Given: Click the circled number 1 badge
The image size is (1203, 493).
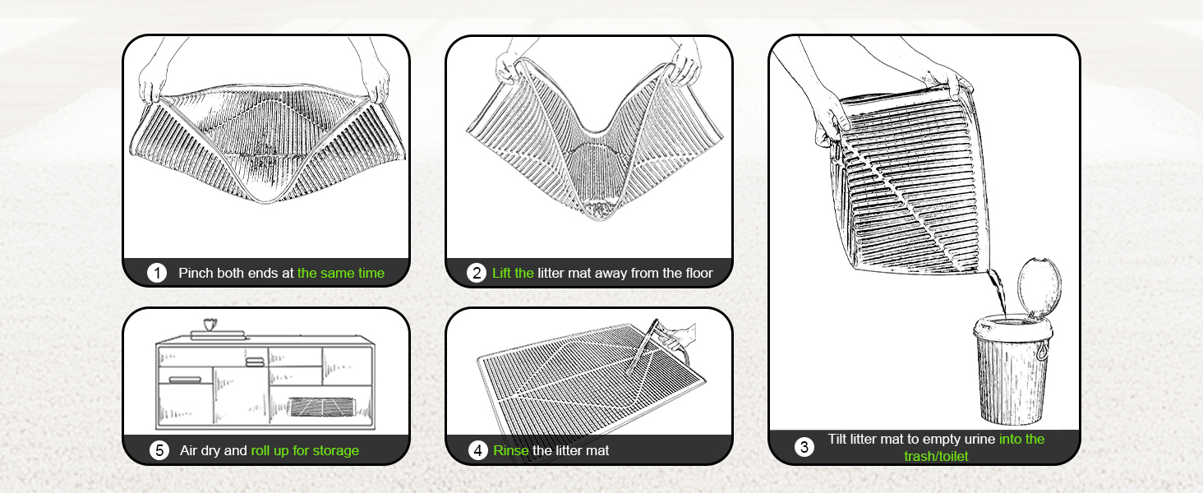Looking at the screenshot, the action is (157, 273).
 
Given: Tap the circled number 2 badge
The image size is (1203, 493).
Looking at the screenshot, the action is (477, 273).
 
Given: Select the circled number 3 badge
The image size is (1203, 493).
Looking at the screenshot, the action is (804, 447).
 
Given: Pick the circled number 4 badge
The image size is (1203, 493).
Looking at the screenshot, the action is (477, 450).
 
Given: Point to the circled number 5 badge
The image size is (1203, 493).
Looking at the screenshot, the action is (159, 450).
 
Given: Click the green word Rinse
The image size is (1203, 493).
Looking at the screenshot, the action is (511, 450).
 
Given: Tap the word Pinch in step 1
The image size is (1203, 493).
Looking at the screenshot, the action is (196, 273).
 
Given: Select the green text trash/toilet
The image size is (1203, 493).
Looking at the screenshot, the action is (936, 457).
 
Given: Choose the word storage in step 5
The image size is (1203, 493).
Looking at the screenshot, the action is (336, 450).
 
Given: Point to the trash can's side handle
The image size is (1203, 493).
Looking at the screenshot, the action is (1042, 350).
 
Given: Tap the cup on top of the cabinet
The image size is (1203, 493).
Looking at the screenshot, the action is (210, 325).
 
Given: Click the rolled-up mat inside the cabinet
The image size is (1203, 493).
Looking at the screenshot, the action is (322, 407).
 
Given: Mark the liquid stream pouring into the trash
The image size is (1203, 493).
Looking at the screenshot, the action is (998, 293).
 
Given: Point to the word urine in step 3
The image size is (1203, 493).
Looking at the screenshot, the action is (979, 440).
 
